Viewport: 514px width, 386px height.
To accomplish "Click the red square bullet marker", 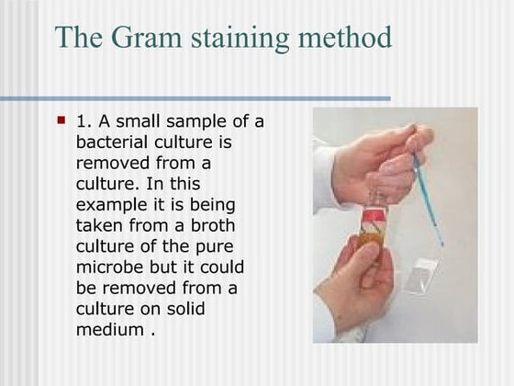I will (61, 119).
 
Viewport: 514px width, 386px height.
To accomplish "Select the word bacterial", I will (116, 142).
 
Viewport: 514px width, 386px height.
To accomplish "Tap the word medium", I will (109, 329).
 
